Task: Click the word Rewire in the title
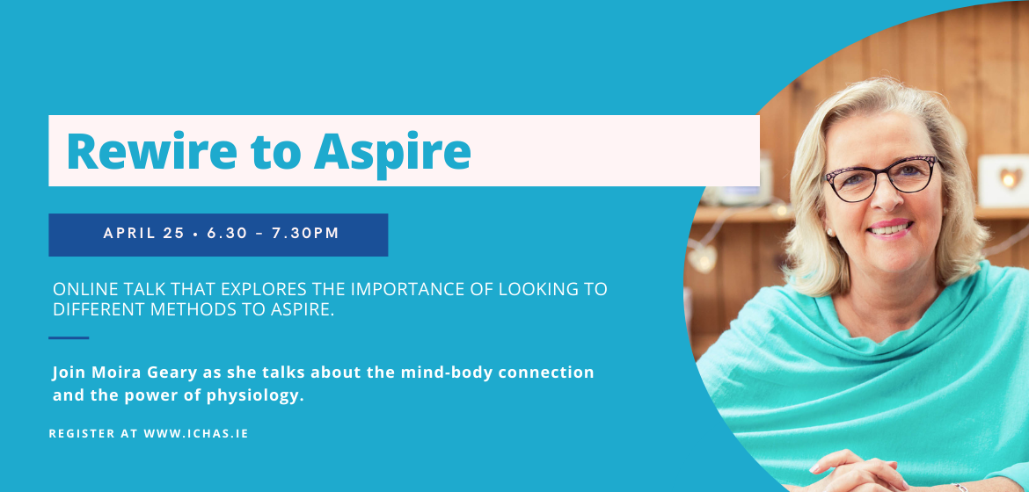tap(151, 151)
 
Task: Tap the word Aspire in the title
tap(391, 155)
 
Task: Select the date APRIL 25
tap(143, 233)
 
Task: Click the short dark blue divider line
tap(69, 338)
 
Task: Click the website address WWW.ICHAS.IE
tap(195, 434)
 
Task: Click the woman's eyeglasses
tap(881, 177)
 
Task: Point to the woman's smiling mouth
tap(889, 228)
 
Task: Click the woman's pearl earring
tap(829, 232)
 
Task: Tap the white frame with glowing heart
tap(1003, 180)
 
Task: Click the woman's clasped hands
tap(853, 473)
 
